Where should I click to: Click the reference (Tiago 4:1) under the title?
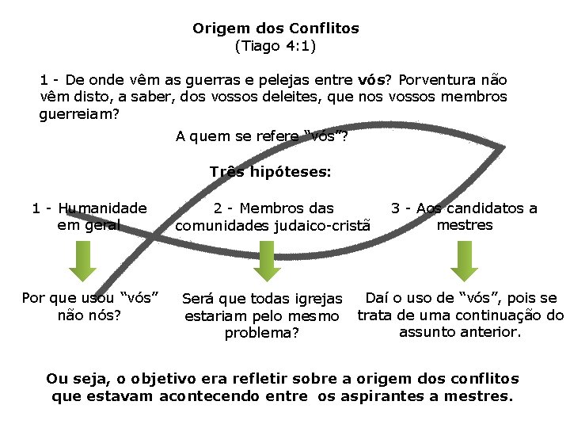275,46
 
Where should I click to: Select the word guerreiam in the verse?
79,114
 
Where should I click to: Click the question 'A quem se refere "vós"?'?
261,136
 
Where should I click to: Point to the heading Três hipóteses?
271,172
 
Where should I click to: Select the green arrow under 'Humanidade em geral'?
82,261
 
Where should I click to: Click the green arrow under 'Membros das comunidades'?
267,261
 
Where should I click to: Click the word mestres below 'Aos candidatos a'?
465,225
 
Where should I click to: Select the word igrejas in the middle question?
317,299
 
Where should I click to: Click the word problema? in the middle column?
262,333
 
